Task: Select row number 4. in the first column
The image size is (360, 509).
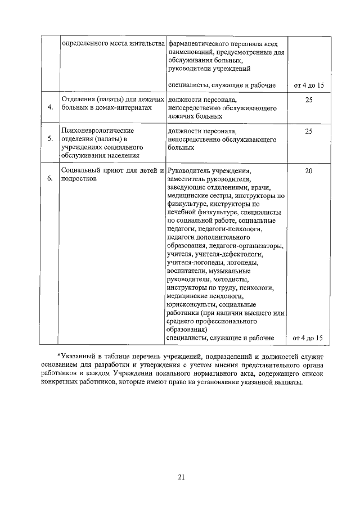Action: coord(50,107)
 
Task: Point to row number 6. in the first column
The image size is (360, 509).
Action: coord(50,178)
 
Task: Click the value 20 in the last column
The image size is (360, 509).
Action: coord(308,170)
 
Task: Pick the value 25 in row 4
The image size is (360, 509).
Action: coord(308,99)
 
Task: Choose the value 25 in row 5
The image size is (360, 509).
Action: coord(308,130)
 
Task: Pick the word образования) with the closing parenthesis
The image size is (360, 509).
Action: coord(188,330)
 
